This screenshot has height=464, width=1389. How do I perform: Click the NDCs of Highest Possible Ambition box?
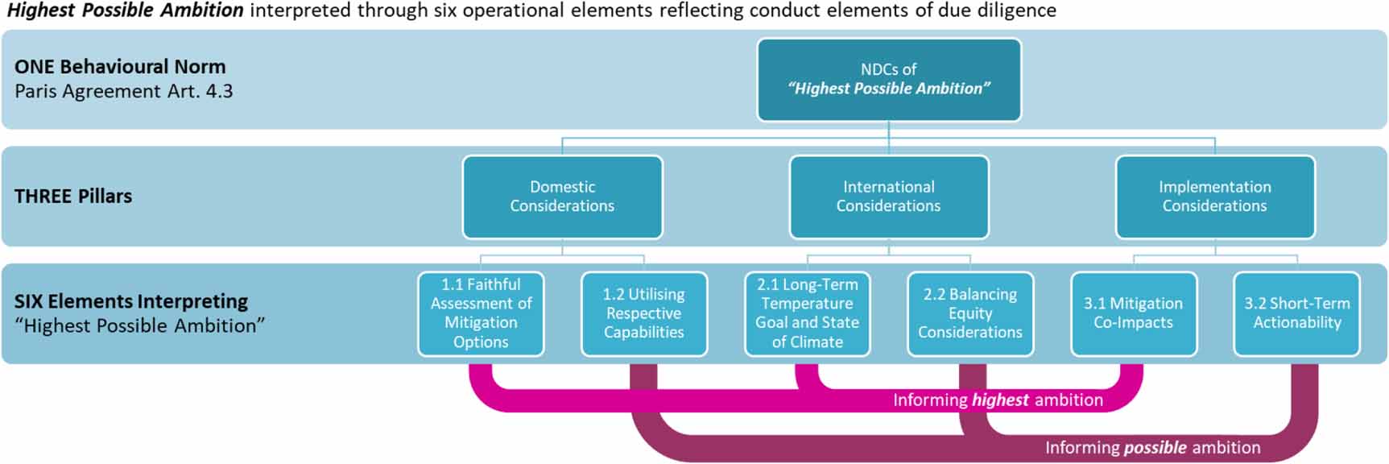tap(888, 79)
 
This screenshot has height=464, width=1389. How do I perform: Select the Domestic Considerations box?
tap(562, 197)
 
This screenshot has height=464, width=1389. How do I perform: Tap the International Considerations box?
tap(888, 197)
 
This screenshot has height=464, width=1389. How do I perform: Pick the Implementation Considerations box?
tap(1214, 197)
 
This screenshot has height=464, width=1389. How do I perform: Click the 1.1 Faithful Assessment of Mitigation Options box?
tap(481, 313)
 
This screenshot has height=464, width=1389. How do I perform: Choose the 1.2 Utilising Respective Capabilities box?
tap(643, 313)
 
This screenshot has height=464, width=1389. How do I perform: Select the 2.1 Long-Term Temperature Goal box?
tap(807, 313)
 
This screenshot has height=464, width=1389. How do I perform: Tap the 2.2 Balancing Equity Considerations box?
tap(969, 313)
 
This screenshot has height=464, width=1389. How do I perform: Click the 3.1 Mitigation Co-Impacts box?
tap(1133, 313)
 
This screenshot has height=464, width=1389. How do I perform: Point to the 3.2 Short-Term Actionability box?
tap(1296, 313)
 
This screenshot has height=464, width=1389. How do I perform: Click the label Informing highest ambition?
tap(998, 400)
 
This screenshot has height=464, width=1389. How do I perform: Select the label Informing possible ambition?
tap(1152, 447)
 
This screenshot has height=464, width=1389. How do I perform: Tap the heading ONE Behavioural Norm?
tap(120, 67)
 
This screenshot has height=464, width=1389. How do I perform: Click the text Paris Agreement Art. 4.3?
tap(123, 91)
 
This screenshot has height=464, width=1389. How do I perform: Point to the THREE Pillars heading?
tap(73, 196)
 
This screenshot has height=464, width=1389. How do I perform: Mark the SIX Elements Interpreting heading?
tap(131, 301)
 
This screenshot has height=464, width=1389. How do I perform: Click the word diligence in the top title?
tap(1017, 10)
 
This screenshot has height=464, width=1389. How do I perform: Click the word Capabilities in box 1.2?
tap(643, 332)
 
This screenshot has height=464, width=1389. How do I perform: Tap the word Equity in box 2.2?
tap(969, 313)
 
